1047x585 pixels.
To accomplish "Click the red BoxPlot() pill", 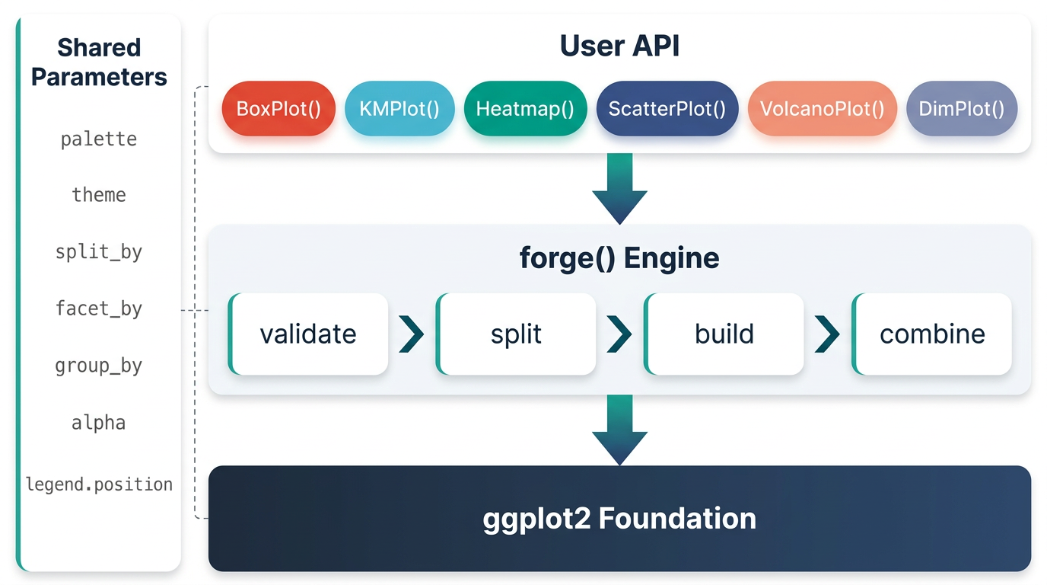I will click(278, 109).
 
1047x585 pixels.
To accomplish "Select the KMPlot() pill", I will click(399, 109).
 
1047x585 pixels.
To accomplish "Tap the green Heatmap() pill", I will click(525, 109).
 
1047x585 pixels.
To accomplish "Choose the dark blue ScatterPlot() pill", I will click(667, 109).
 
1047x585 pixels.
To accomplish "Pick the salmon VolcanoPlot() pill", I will click(823, 109).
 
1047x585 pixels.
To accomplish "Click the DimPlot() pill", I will click(962, 109).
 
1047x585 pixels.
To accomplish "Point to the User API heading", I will click(619, 46).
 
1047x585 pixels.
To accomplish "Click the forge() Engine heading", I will click(619, 258).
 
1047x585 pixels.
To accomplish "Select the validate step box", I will click(308, 334).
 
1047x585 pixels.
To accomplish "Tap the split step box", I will click(516, 334).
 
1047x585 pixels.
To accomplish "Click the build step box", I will click(724, 334).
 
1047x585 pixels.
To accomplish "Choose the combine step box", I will click(932, 334).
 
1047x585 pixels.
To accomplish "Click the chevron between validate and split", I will click(412, 334).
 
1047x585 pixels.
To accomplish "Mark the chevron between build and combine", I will click(827, 334).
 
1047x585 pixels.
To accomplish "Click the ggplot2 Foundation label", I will click(619, 519).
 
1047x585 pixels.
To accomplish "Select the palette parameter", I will click(99, 139).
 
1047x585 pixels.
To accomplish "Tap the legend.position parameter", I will click(99, 484).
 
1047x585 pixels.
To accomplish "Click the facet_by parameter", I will click(99, 309).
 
